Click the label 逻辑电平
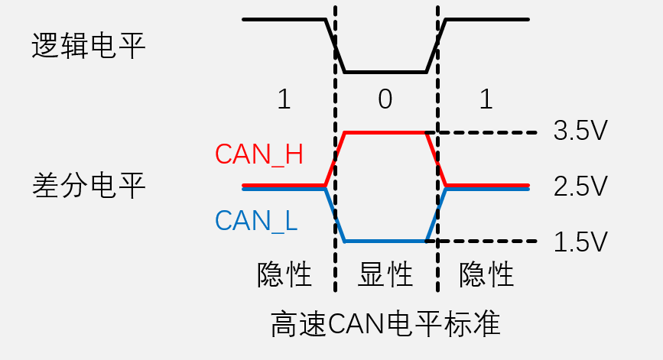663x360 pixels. pos(89,46)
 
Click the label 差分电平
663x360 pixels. pos(89,185)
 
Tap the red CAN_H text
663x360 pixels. pos(259,154)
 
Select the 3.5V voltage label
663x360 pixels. pos(580,131)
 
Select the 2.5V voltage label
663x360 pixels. pos(580,186)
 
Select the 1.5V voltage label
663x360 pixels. pos(580,242)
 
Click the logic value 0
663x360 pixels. pos(385,99)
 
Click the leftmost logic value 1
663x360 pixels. pos(284,99)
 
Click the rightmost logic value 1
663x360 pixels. pos(486,99)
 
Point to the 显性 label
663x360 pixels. pos(385,274)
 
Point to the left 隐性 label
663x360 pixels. pos(284,274)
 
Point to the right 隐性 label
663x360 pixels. pos(486,274)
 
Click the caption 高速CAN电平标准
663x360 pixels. pos(385,324)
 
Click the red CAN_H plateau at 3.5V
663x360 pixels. pos(385,132)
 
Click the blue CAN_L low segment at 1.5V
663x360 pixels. pos(385,242)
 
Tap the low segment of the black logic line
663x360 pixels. pos(385,73)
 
